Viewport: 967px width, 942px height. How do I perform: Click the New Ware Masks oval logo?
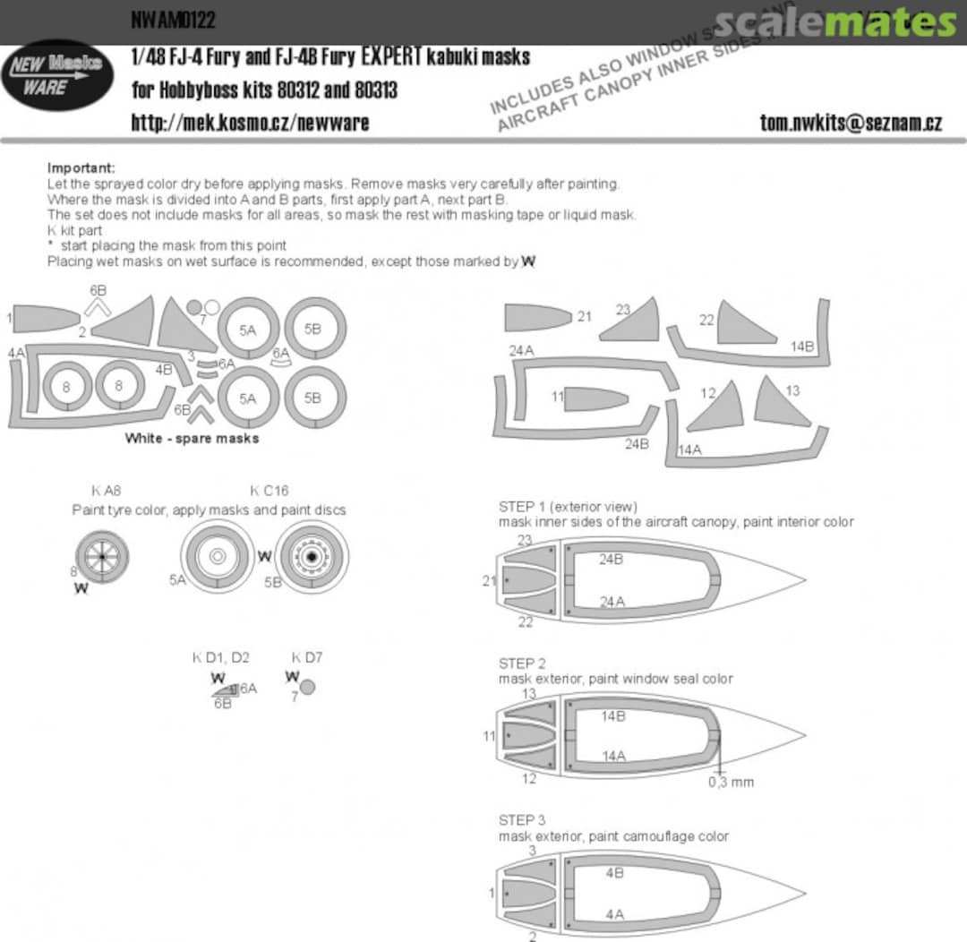[x=57, y=75]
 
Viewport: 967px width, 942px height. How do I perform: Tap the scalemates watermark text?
[x=834, y=22]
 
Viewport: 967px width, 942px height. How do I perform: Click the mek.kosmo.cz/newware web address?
[x=250, y=123]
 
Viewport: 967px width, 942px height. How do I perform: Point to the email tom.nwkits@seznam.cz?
[x=850, y=123]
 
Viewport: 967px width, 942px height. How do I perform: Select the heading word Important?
[x=81, y=168]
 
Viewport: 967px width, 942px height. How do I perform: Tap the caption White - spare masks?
[x=192, y=439]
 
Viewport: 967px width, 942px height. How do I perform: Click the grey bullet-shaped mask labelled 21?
[x=535, y=318]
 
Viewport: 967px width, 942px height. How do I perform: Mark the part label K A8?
[x=106, y=491]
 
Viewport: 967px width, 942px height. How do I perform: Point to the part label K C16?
[x=269, y=491]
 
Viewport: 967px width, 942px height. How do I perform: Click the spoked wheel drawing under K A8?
[x=102, y=556]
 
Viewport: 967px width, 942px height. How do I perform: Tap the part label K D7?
[x=307, y=657]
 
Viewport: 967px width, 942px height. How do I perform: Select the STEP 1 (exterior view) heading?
[x=568, y=507]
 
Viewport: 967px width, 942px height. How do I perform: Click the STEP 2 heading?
[x=522, y=664]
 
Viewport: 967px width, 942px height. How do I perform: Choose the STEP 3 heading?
[x=522, y=820]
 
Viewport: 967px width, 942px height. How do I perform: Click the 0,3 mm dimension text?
[x=731, y=782]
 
